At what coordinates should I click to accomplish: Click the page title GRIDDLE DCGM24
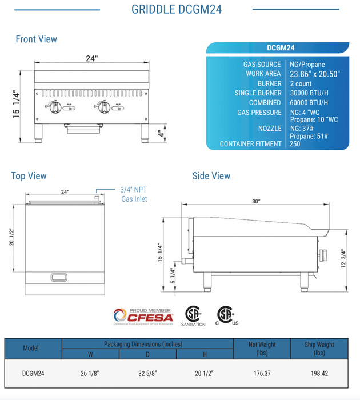tap(176, 9)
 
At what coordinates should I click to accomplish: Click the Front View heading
tap(37, 39)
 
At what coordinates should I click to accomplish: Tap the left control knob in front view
tap(57, 106)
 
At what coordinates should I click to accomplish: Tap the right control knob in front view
tap(103, 106)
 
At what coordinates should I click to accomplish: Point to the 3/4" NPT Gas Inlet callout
tap(134, 194)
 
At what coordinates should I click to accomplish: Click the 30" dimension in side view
tap(255, 201)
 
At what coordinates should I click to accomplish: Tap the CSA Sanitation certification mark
tap(193, 316)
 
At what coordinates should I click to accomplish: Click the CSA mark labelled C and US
tap(227, 315)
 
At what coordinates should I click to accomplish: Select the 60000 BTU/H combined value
tap(308, 102)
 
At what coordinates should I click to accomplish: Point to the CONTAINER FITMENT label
tap(250, 144)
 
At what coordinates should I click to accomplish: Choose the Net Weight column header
tap(262, 349)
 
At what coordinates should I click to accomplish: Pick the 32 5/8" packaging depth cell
tap(147, 373)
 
